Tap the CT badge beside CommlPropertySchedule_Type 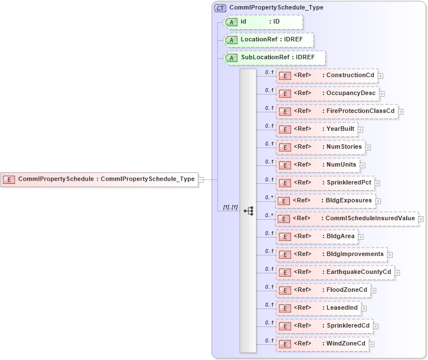[221, 8]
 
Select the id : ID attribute [263, 22]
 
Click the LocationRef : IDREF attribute [268, 40]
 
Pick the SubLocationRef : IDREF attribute [274, 58]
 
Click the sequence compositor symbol [248, 211]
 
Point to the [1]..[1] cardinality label [230, 207]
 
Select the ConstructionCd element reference [326, 75]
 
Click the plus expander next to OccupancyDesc [382, 93]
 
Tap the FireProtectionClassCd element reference [337, 111]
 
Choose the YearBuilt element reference [316, 129]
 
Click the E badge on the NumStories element [284, 147]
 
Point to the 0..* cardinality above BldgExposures [269, 197]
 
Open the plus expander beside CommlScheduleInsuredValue [421, 219]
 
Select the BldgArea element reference [316, 236]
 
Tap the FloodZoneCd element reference [323, 290]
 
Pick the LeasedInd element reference [318, 308]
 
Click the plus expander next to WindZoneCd [372, 344]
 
